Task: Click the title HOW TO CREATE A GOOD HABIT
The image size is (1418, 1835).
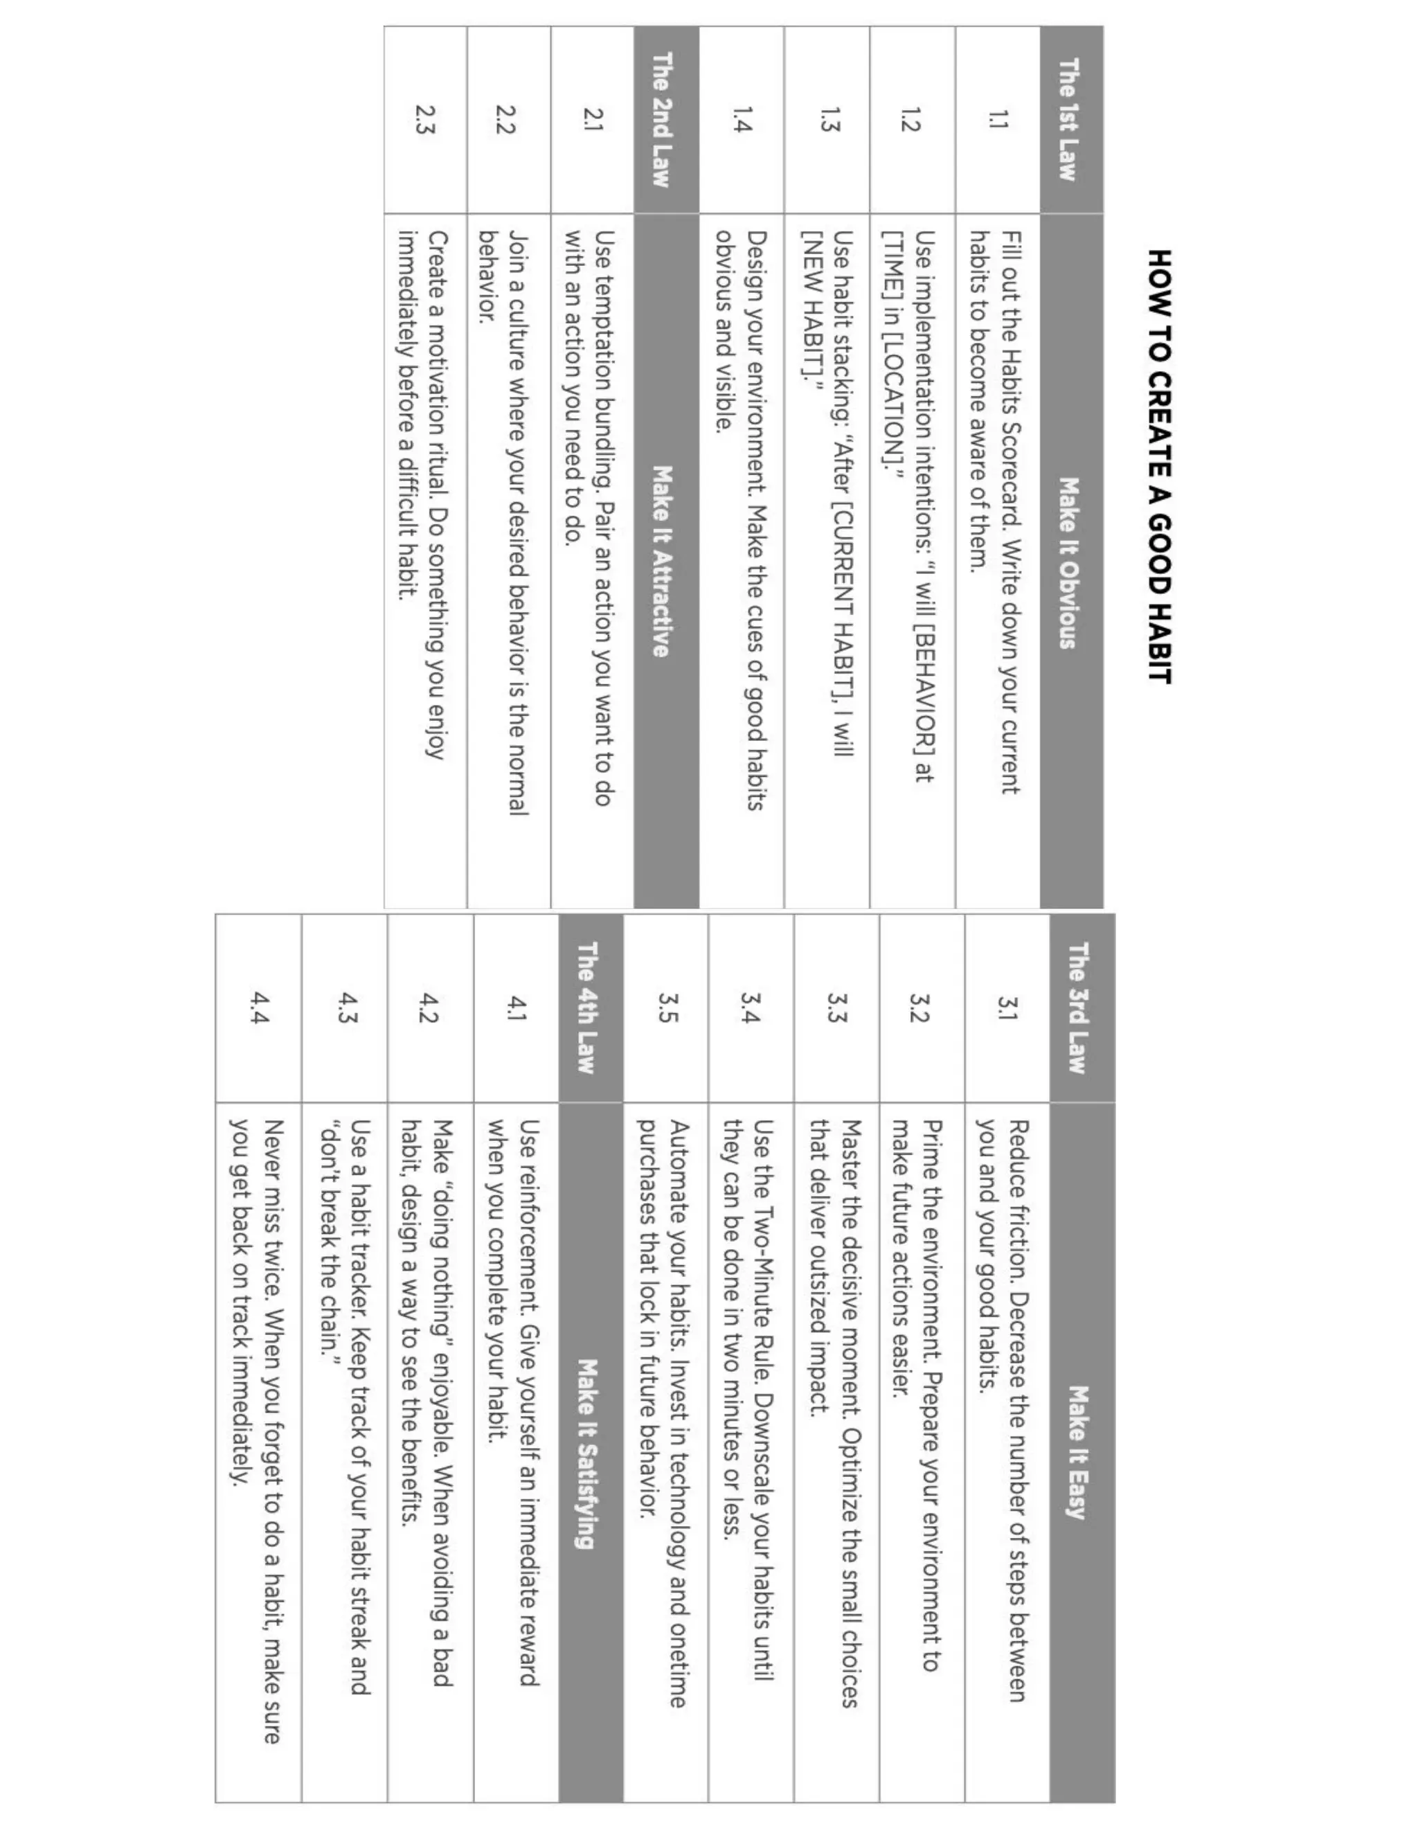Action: point(1159,466)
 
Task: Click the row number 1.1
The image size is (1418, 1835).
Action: point(997,119)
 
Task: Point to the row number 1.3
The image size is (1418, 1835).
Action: point(828,119)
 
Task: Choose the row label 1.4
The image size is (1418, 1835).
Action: point(743,119)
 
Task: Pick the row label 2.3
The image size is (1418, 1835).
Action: point(425,119)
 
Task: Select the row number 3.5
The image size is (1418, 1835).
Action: point(667,1008)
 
